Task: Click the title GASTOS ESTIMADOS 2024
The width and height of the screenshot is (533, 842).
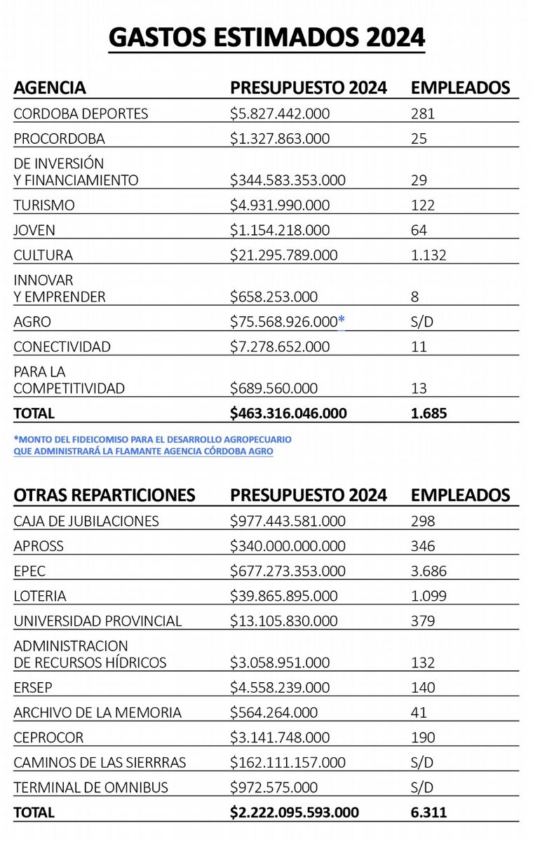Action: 266,37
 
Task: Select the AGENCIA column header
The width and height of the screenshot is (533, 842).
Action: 50,88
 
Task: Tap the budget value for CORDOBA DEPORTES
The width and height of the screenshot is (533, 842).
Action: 280,114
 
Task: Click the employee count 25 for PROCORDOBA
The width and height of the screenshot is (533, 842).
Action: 419,139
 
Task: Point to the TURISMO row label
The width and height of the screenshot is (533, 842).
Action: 44,205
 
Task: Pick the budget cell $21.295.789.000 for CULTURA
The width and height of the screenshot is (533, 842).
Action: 283,255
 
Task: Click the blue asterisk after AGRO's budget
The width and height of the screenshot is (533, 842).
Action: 342,321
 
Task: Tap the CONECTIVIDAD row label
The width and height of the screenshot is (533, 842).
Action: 62,346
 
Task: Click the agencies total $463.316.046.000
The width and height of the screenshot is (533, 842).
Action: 288,413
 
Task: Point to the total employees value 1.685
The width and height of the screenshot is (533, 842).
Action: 429,413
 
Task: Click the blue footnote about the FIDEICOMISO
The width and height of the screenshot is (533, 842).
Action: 152,445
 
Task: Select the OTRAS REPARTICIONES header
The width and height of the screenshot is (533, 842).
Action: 104,495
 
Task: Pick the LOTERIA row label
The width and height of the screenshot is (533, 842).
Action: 40,596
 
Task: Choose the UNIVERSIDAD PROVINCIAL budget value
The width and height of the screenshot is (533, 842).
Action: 283,621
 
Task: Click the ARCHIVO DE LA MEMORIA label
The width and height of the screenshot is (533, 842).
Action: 97,712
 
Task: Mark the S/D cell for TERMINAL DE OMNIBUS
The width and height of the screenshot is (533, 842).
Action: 422,787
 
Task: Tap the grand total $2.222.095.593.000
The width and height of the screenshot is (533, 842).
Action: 294,813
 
